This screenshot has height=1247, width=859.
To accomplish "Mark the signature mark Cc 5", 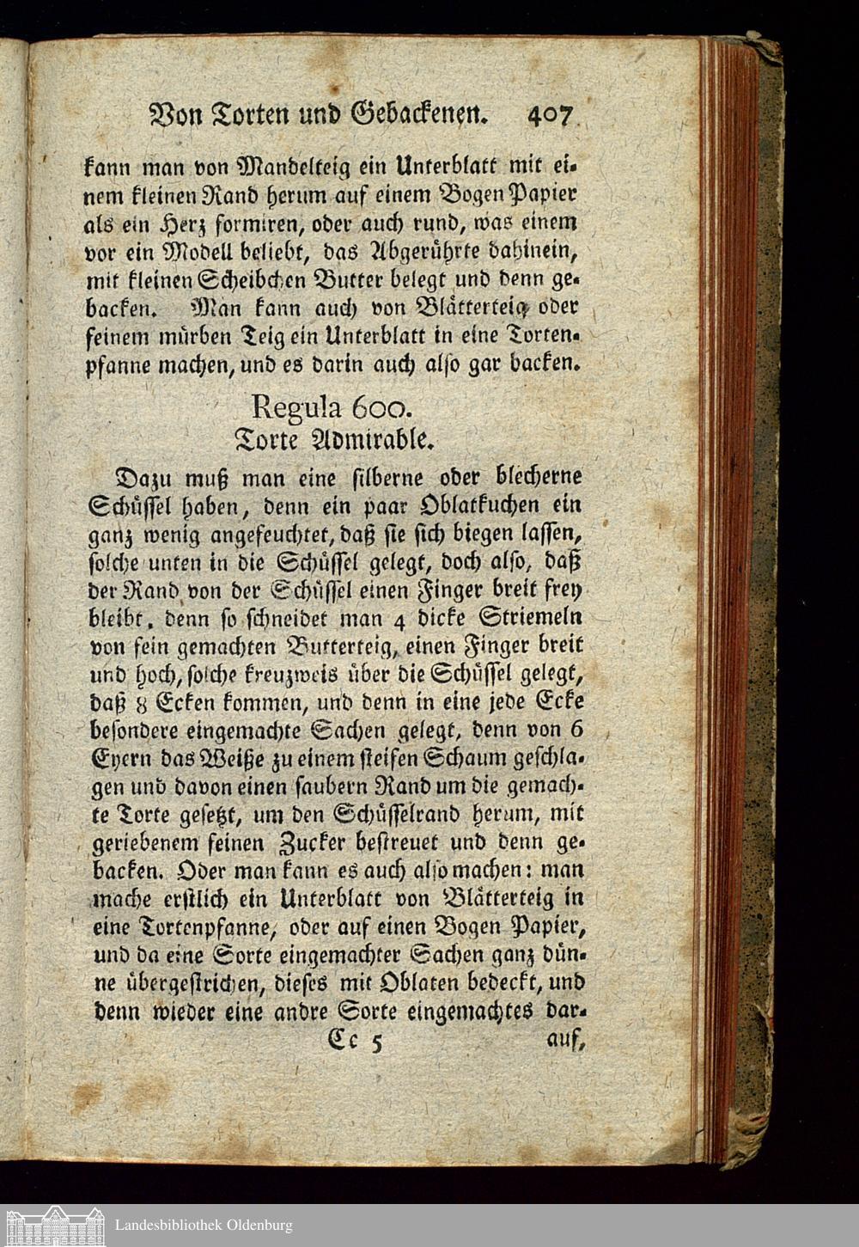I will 353,1042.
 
